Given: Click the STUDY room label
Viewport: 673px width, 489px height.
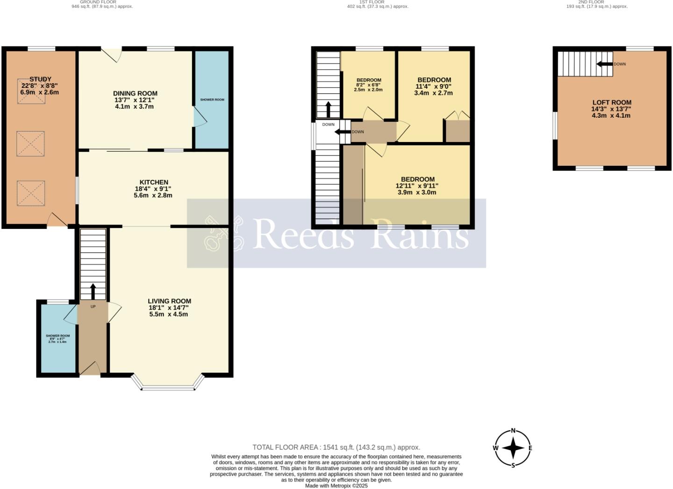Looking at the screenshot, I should click(40, 79).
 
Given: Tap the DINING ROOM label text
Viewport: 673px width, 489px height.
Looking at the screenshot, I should click(135, 93).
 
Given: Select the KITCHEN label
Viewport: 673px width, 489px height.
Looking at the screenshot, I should click(153, 182).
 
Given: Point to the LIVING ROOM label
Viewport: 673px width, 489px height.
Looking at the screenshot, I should click(169, 301).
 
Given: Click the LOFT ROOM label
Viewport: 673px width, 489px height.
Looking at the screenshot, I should click(611, 103).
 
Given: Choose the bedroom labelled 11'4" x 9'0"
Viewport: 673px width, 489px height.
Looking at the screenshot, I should click(434, 80).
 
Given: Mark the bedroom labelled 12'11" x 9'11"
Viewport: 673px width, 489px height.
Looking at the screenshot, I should click(417, 179).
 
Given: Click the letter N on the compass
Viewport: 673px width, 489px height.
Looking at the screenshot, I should click(513, 431).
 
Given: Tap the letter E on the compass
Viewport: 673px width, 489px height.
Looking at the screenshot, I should click(530, 448).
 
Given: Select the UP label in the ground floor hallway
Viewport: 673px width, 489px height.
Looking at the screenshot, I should click(93, 307).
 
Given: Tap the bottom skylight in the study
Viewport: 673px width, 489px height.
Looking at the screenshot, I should click(31, 193).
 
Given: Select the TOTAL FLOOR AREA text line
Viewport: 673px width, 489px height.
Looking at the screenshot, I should click(336, 447).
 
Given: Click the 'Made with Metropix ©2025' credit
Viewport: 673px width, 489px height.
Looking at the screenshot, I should click(336, 486).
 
